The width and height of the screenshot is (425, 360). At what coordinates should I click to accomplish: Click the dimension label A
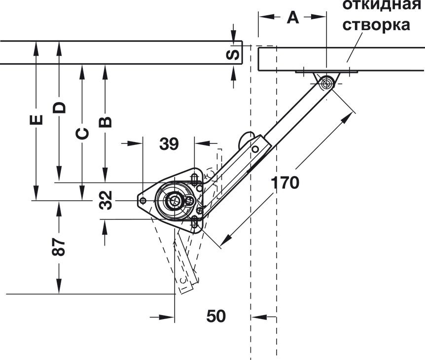pos(293,18)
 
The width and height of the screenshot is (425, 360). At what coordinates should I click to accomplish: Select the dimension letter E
pos(36,120)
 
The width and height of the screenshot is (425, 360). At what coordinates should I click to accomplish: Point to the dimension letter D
pos(59,107)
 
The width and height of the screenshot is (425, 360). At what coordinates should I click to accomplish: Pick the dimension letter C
pos(82,133)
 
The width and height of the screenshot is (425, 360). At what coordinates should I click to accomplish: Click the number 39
pos(169,144)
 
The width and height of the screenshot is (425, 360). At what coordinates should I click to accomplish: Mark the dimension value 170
pos(284,183)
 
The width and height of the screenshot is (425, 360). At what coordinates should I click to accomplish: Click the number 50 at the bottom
pos(215,316)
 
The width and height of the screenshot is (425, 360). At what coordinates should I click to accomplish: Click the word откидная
pos(381,5)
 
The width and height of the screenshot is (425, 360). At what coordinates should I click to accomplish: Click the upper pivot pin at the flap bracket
pos(325,82)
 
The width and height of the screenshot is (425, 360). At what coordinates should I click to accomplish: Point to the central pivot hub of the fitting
pos(174,201)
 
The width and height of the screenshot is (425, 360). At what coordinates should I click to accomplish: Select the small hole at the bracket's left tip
pos(142,201)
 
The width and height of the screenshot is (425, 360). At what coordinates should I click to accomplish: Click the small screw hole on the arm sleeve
pos(255,148)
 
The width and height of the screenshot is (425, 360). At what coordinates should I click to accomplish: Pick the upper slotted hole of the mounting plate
pos(195,178)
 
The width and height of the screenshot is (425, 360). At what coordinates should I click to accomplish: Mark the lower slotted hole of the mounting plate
pos(195,223)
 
